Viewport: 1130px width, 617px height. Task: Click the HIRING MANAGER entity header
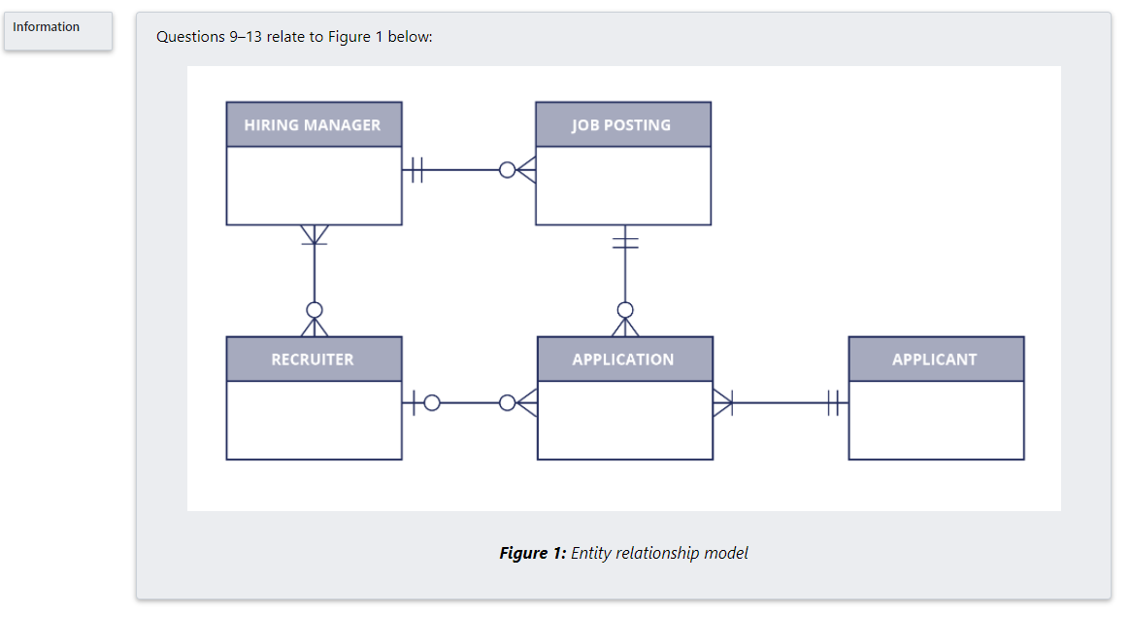[313, 124]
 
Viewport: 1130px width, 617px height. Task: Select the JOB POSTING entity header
[622, 124]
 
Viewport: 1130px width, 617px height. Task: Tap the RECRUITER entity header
[313, 359]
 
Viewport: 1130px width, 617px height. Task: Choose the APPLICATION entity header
[623, 359]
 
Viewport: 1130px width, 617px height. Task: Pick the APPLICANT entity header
[935, 359]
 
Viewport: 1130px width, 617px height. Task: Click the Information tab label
[47, 27]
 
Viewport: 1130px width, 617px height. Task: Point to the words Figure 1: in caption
[532, 553]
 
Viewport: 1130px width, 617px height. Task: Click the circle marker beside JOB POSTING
[507, 170]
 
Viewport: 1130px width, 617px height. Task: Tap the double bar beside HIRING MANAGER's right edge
[416, 170]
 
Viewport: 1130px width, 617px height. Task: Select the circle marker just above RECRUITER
[314, 310]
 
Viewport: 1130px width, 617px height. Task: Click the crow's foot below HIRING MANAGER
[314, 235]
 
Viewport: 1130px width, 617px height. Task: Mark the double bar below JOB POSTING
[625, 241]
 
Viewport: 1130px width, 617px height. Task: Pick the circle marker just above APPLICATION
[625, 310]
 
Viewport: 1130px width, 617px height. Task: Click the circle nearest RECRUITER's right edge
[431, 402]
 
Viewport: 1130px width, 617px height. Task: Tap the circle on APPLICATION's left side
[507, 402]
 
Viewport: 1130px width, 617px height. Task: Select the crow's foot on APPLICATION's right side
[723, 402]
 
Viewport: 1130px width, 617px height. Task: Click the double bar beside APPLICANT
[833, 402]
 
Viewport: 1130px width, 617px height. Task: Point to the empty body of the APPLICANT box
[936, 420]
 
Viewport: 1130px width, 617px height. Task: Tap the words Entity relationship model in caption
[659, 553]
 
